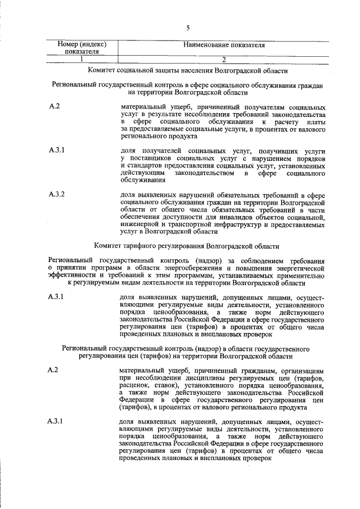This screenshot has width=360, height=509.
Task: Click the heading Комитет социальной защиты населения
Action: click(x=188, y=71)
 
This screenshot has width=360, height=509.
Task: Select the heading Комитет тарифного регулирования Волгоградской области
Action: click(x=188, y=246)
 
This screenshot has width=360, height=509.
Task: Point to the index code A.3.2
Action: click(x=57, y=195)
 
